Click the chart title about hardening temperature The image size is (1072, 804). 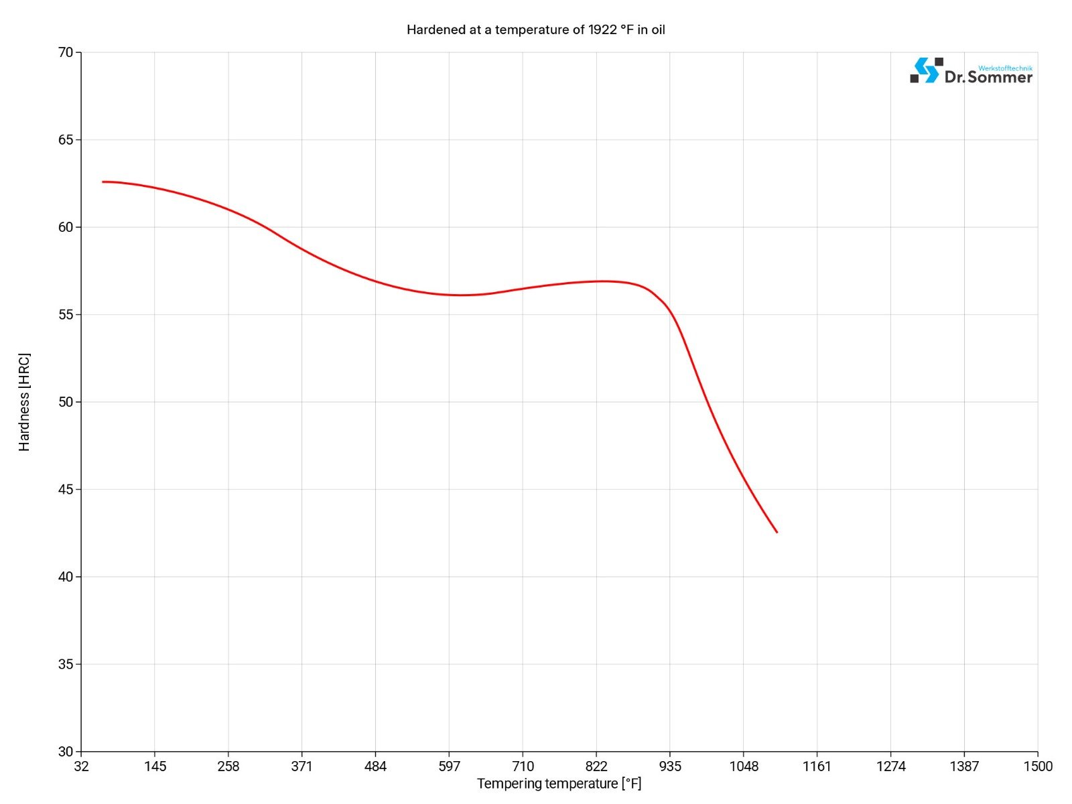pos(535,29)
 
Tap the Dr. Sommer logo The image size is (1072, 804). pos(971,71)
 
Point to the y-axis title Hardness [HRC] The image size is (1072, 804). pos(24,402)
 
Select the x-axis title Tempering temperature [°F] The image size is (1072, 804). pos(559,783)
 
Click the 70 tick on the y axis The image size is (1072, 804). pos(66,52)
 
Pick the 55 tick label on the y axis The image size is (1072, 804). pos(66,314)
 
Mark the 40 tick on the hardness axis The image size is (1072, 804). pos(66,577)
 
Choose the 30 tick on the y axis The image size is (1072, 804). pos(66,752)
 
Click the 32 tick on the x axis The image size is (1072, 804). pos(81,766)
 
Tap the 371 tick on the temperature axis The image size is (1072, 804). pos(301,766)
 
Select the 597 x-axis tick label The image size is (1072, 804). pos(449,766)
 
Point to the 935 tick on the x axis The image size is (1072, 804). pos(670,766)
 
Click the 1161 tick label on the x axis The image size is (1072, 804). pos(817,766)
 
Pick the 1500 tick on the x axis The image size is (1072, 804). pos(1038,766)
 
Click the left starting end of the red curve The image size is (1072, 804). pos(103,182)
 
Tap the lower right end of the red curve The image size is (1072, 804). pos(777,532)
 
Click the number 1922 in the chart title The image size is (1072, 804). pos(602,29)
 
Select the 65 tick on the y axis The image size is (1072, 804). pos(66,139)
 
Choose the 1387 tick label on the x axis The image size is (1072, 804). pos(964,766)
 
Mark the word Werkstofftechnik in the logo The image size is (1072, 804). pos(1005,68)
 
